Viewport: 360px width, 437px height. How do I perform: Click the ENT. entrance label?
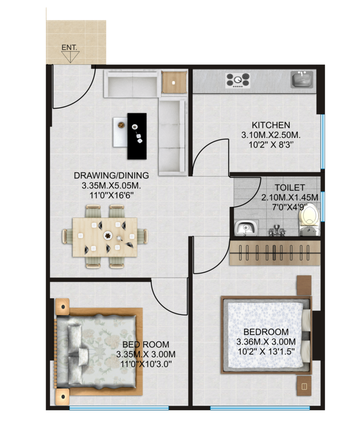click(69, 48)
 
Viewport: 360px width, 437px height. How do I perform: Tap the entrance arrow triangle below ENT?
click(70, 57)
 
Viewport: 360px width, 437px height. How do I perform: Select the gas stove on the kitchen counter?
click(238, 80)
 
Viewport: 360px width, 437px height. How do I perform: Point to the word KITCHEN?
click(271, 125)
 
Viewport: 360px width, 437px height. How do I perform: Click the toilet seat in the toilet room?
click(308, 218)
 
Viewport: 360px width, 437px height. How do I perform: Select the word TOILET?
click(290, 188)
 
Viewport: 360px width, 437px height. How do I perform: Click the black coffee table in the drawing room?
click(137, 136)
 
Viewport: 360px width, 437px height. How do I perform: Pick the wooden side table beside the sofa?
click(174, 82)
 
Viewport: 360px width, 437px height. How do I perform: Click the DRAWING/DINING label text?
click(111, 175)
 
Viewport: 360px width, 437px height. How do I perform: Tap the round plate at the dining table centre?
click(108, 235)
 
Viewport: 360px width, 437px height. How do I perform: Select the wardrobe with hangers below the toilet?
click(274, 253)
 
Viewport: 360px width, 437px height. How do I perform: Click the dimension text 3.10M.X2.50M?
click(271, 135)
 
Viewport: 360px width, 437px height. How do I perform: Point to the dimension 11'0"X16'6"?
click(111, 195)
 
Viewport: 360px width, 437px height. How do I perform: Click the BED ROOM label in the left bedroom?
click(146, 344)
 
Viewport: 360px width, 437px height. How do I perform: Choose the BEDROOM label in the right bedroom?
click(266, 332)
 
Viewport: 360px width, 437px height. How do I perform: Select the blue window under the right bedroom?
click(260, 408)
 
